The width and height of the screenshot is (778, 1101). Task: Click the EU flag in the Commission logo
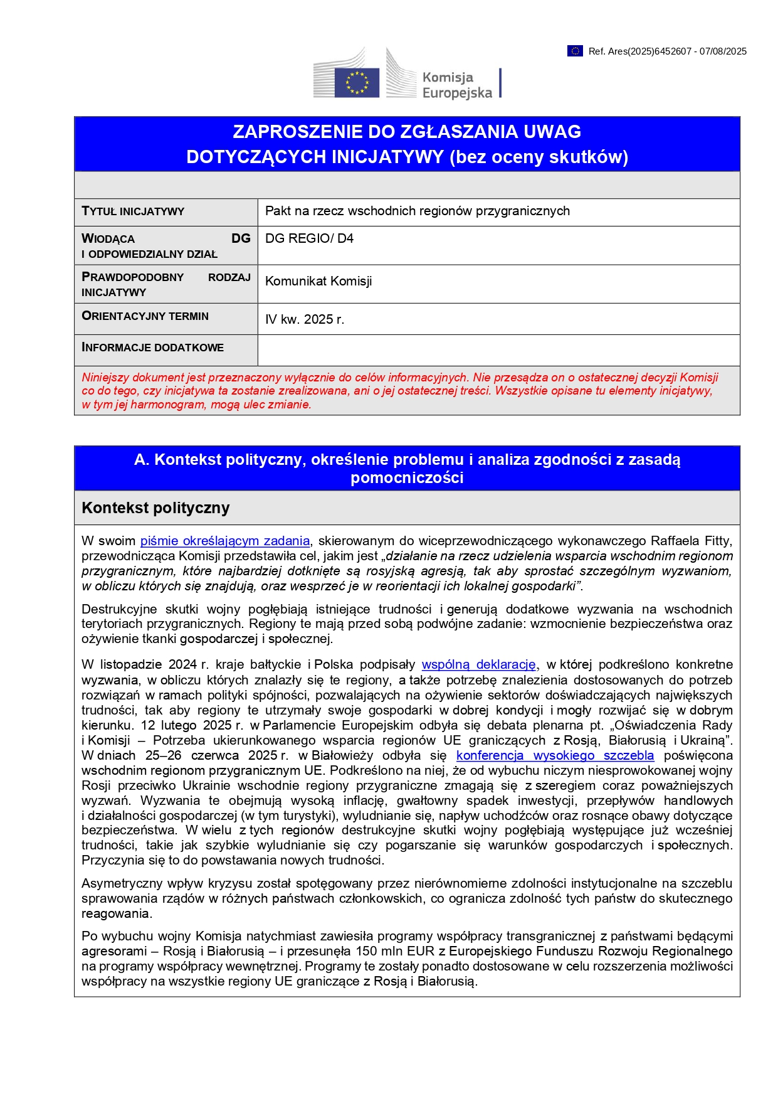(357, 83)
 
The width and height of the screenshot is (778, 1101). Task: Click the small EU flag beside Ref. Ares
(575, 51)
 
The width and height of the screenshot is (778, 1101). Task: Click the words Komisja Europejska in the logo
(457, 85)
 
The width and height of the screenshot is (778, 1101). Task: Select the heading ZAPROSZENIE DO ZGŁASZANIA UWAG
(407, 132)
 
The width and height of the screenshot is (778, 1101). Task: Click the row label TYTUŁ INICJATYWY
(133, 211)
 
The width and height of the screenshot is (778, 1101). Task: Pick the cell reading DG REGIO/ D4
(309, 238)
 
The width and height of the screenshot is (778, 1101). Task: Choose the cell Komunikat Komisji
(318, 281)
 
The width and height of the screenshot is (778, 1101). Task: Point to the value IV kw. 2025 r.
(305, 319)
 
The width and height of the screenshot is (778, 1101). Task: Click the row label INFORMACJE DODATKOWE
(152, 348)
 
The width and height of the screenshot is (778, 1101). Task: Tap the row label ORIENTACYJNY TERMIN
(145, 316)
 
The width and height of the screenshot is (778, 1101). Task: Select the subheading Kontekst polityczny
(155, 508)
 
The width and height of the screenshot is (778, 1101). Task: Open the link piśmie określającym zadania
(224, 541)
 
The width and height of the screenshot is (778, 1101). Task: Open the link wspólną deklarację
(478, 664)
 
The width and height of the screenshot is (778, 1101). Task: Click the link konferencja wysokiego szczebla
(555, 755)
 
